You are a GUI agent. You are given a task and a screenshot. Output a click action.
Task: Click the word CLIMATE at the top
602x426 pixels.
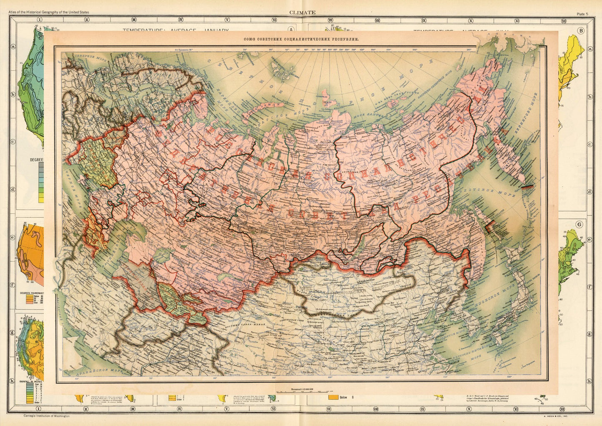pos(302,13)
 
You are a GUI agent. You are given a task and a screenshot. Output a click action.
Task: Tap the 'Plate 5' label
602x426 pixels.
pos(582,14)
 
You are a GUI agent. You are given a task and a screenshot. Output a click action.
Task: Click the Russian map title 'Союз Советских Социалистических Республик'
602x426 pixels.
pos(301,39)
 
